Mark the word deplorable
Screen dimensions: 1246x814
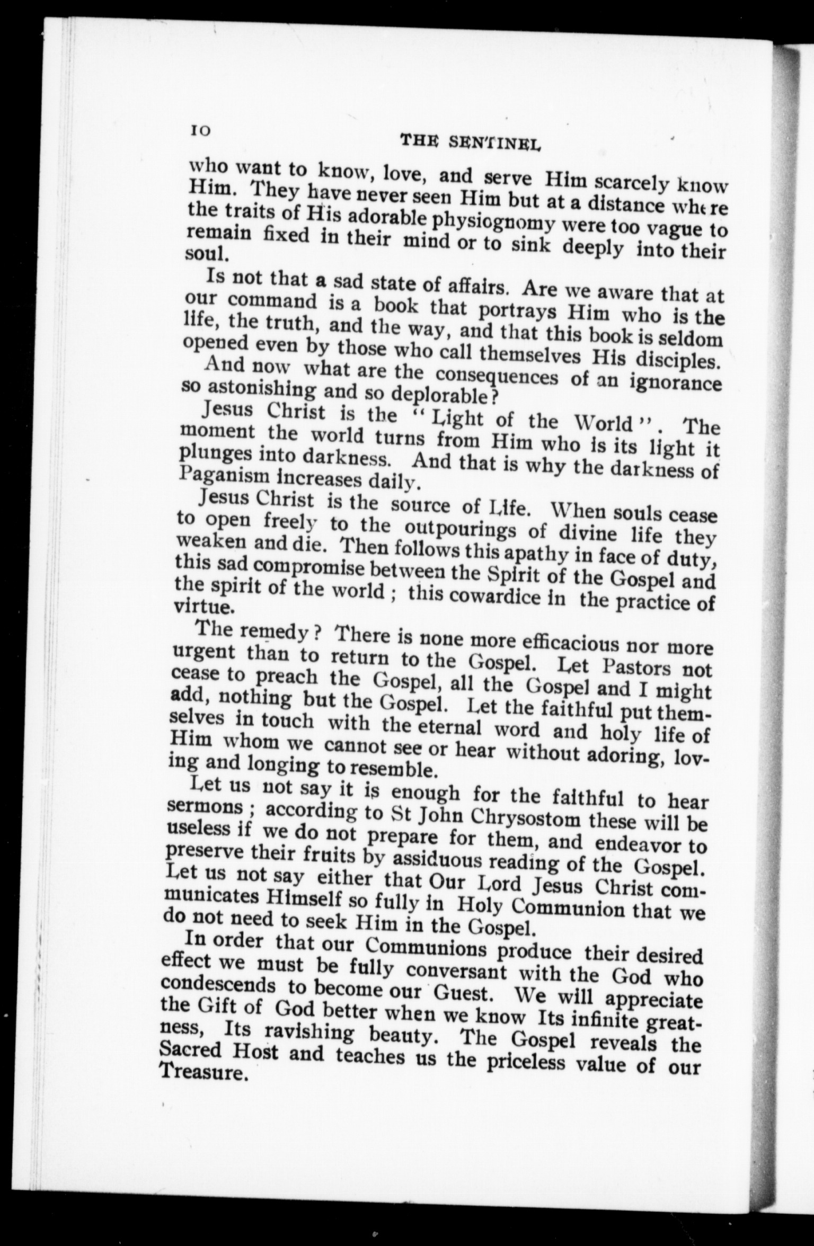pos(430,395)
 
